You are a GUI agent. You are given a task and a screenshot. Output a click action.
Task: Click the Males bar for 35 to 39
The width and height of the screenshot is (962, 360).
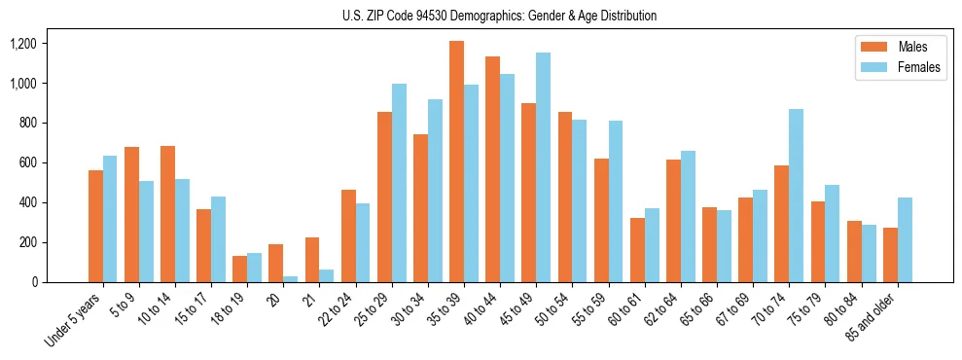456,162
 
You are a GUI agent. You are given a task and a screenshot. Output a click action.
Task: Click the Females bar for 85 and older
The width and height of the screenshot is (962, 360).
905,239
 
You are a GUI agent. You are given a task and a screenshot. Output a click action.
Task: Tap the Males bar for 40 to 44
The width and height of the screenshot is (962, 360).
492,169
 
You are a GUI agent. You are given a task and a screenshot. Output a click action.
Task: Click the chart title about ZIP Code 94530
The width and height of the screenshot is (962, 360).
499,16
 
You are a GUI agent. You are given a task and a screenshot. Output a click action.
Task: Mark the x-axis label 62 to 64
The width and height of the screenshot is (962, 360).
662,312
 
